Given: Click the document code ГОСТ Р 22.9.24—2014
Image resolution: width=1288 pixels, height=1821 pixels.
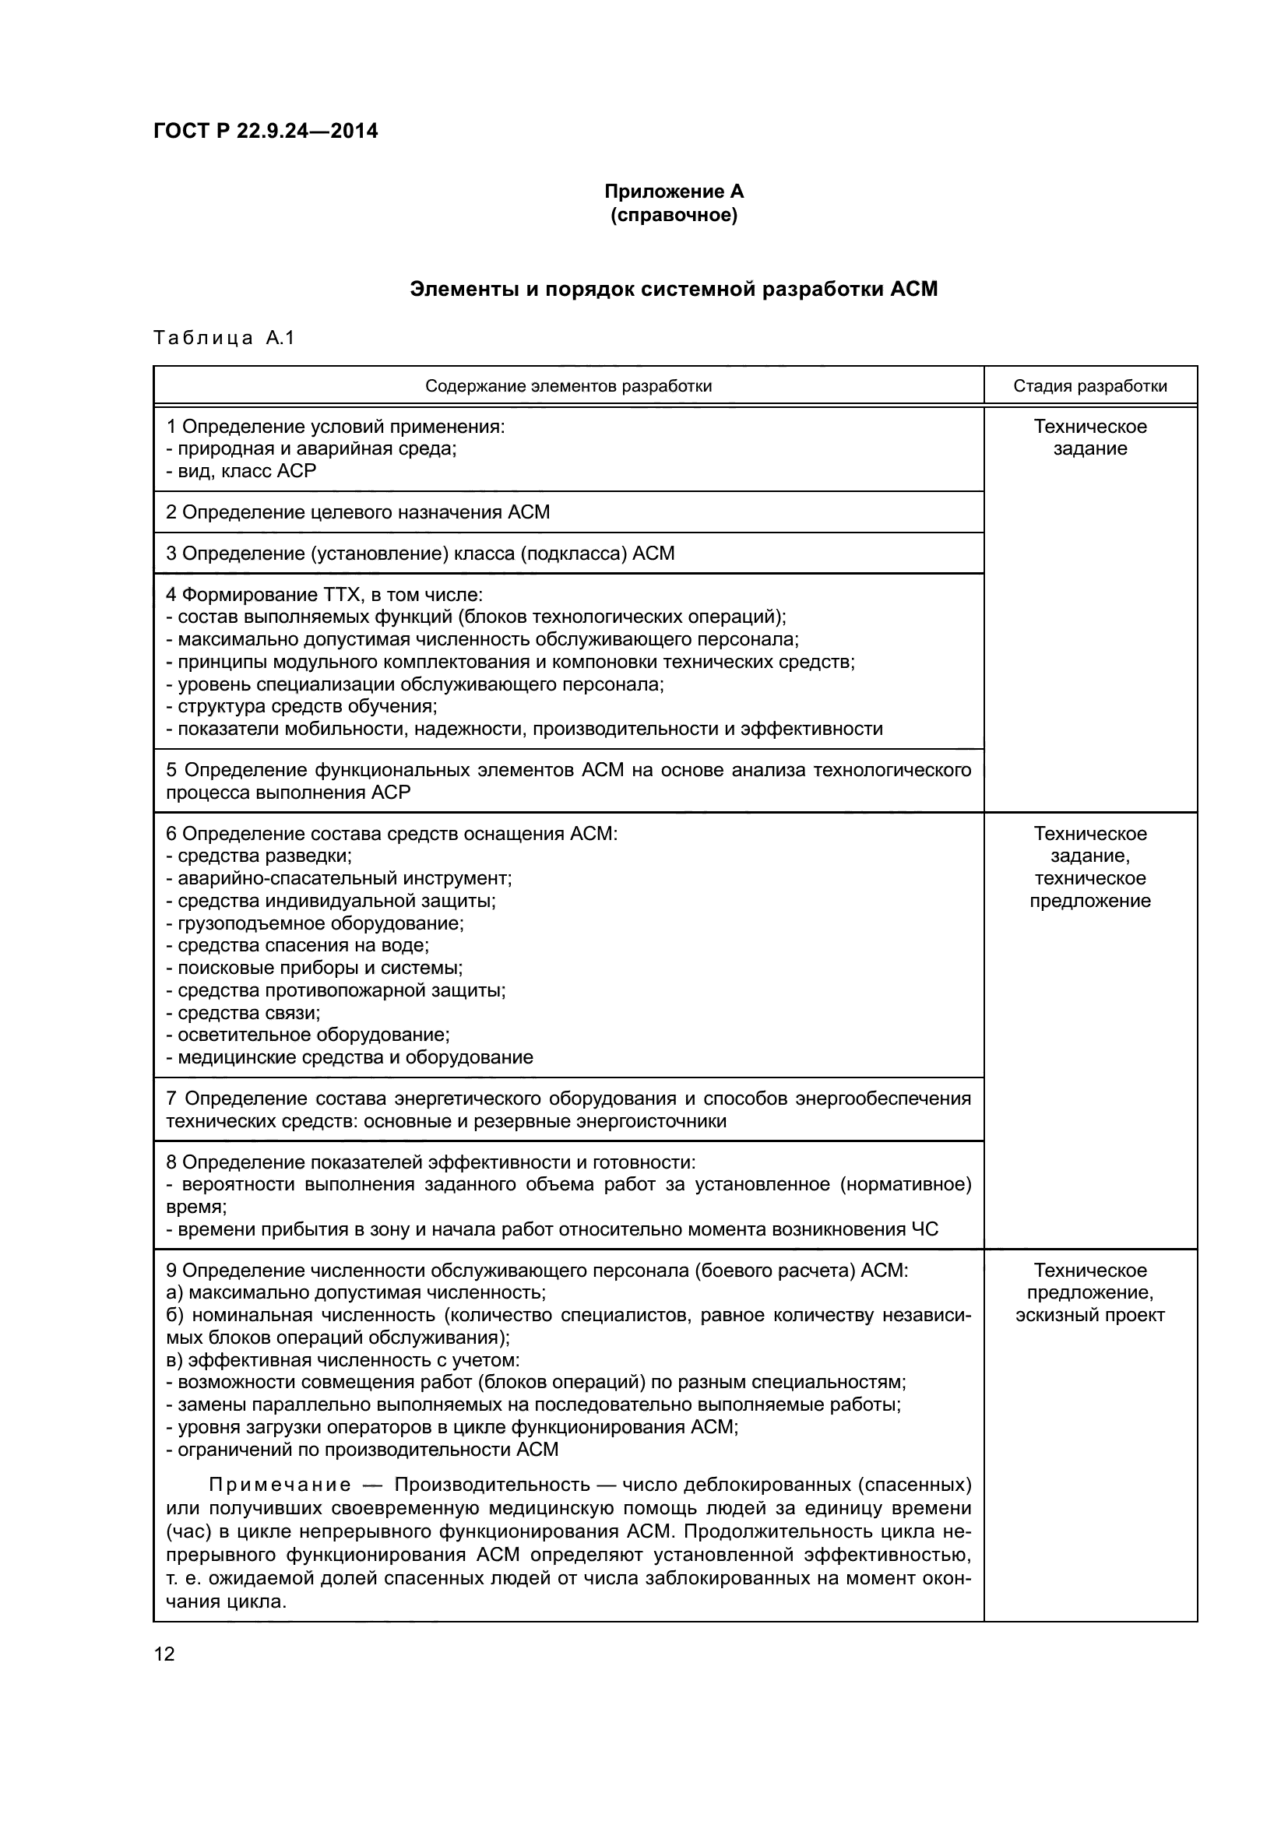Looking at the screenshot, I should point(266,131).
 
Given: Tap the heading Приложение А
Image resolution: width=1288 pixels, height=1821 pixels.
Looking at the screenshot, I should point(674,192).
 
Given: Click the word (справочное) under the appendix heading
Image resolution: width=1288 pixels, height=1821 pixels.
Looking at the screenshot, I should point(674,215).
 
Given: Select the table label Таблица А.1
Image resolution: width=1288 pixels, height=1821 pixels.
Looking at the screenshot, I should point(223,338).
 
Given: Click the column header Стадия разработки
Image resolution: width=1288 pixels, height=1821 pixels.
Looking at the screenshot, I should point(1089,386).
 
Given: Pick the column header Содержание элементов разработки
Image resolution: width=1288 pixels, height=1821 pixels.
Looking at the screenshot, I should point(568,386).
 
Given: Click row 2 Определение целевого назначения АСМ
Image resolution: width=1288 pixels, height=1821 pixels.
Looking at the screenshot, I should point(357,512).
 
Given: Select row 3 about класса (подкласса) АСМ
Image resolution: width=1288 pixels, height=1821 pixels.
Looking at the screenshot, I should point(421,554).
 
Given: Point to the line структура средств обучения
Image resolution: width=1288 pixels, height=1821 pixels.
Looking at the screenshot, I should point(302,706).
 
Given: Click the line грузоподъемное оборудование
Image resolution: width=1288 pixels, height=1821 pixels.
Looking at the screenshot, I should point(315,923).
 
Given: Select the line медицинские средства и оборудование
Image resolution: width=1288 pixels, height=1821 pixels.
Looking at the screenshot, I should point(350,1057).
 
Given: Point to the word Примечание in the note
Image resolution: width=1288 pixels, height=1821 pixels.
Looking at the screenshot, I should point(280,1485).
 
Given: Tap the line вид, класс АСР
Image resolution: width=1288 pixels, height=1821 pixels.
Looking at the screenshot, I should point(241,471).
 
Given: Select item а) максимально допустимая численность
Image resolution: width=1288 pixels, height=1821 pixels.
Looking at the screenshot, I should point(355,1293).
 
